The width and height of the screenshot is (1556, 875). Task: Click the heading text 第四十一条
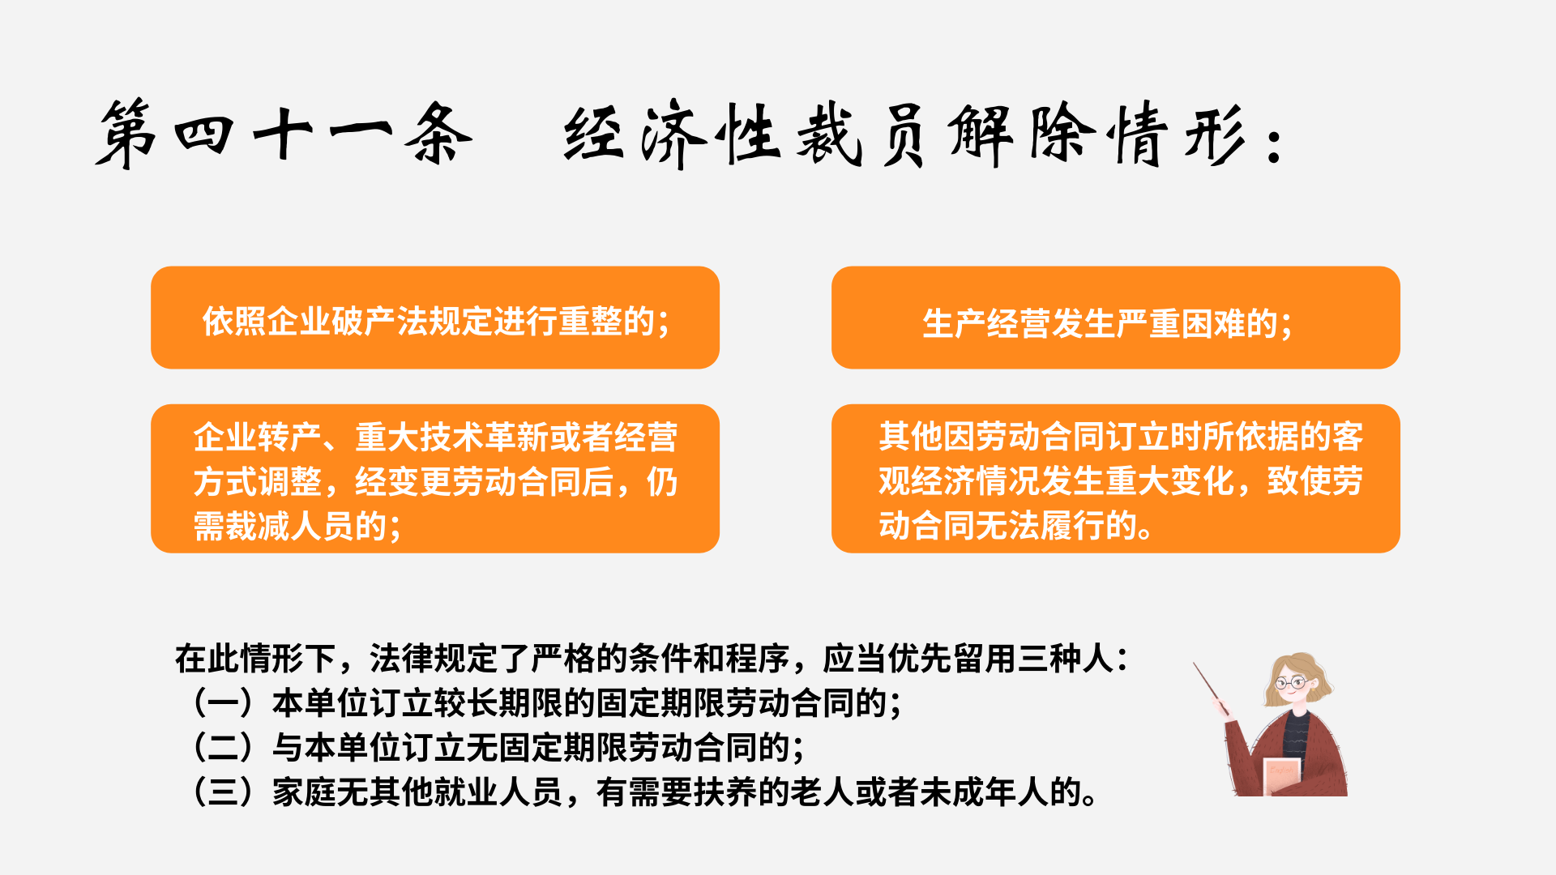pyautogui.click(x=284, y=134)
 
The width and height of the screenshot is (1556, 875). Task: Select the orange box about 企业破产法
pyautogui.click(x=435, y=318)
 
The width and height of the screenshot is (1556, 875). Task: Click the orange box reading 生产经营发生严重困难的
pyautogui.click(x=1115, y=318)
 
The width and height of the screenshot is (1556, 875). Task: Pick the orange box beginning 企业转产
pyautogui.click(x=435, y=479)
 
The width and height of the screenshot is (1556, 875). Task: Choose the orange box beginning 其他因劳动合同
pyautogui.click(x=1115, y=479)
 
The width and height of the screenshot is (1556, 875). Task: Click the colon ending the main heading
pyautogui.click(x=1276, y=144)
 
